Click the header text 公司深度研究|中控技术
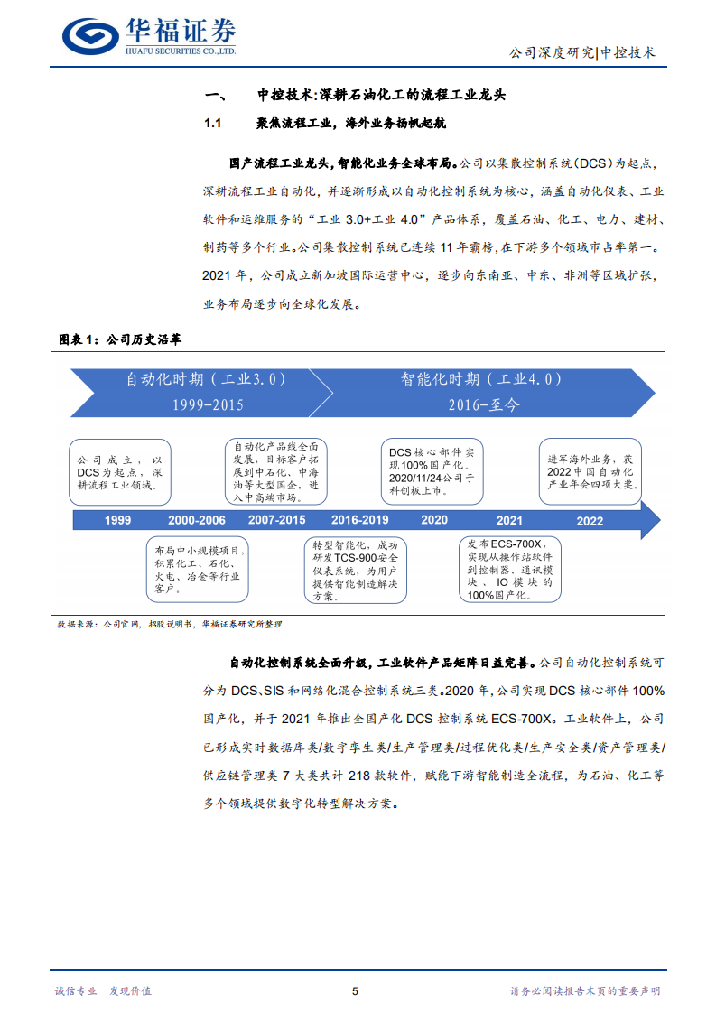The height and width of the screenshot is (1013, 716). pos(583,52)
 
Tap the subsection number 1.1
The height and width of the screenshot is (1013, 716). pos(213,123)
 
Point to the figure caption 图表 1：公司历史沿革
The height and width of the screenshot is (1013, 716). pos(120,340)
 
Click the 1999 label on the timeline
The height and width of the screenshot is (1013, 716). pos(117,520)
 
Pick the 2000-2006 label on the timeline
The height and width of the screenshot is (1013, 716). pos(196,520)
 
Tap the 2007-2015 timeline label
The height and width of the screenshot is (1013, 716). pos(276,520)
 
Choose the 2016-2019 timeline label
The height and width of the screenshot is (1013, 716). pos(359,520)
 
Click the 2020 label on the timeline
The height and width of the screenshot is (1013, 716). pos(433,520)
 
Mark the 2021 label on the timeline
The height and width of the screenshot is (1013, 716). pos(509,520)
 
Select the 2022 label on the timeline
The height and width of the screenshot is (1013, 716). pos(590,520)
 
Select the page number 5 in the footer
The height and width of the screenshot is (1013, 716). pos(355,990)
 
